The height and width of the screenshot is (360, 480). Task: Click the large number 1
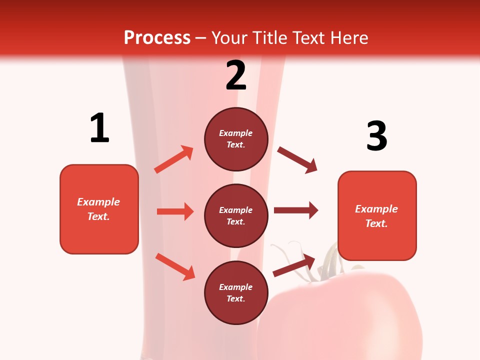click(x=99, y=128)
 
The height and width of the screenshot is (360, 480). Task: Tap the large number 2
click(x=236, y=75)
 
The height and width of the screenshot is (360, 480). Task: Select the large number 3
click(x=376, y=135)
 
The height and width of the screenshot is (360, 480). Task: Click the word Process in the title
click(x=157, y=37)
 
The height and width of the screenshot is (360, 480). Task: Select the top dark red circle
click(x=236, y=139)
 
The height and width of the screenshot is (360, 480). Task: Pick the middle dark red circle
click(x=236, y=215)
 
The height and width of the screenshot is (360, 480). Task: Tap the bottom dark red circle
click(x=236, y=292)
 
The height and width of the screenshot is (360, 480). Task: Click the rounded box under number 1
click(x=99, y=209)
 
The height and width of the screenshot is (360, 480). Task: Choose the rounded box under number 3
click(x=377, y=215)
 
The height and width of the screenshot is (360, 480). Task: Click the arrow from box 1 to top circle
click(x=174, y=159)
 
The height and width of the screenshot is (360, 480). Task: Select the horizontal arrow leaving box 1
click(x=175, y=211)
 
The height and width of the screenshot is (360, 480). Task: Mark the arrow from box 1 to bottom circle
click(x=175, y=266)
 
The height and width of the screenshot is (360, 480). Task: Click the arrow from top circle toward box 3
click(x=297, y=160)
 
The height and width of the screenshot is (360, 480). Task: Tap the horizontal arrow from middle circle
click(x=296, y=210)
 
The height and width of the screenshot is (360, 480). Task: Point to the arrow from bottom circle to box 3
click(x=294, y=265)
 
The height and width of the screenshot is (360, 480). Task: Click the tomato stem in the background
click(x=327, y=260)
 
